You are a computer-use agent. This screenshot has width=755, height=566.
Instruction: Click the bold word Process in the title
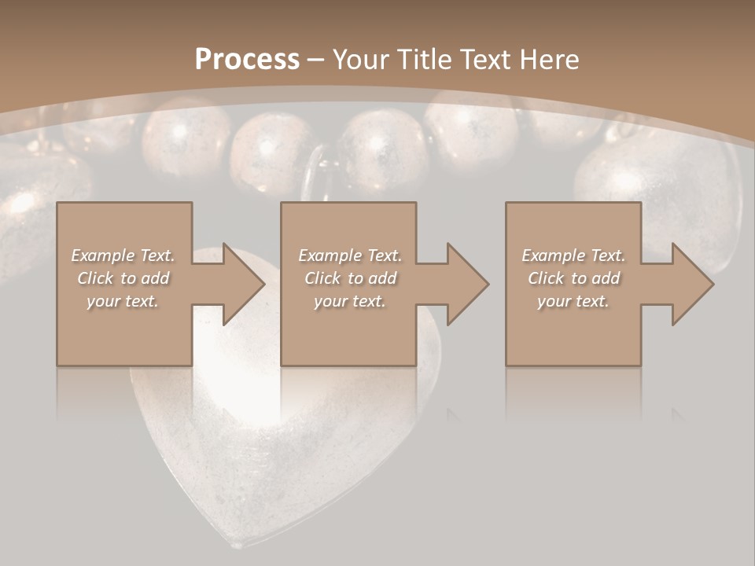click(x=247, y=60)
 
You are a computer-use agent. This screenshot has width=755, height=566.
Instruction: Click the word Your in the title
click(x=361, y=60)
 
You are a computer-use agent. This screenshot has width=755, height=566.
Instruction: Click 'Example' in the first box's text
click(x=102, y=255)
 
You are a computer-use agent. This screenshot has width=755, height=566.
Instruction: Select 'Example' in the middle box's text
click(x=330, y=255)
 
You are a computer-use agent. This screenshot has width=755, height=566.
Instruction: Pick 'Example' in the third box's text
click(x=553, y=255)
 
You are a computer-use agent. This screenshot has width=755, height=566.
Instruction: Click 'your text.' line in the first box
click(x=123, y=301)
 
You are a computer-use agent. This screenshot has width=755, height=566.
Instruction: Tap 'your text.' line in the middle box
click(x=350, y=301)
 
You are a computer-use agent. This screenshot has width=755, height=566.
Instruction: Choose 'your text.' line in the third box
click(x=573, y=301)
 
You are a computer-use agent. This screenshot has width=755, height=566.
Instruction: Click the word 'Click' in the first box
click(x=95, y=278)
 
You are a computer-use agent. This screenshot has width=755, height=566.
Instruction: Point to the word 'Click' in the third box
click(x=546, y=278)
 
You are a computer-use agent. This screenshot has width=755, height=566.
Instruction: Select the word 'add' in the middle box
click(x=382, y=278)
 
